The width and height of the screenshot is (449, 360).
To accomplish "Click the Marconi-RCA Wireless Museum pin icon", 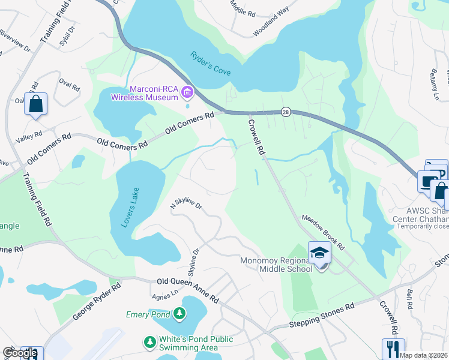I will [187, 92].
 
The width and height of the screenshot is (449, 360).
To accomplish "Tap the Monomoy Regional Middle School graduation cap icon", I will [320, 253].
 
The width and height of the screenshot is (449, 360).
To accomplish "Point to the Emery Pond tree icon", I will [179, 313].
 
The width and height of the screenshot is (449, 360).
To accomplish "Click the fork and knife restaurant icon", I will [393, 349].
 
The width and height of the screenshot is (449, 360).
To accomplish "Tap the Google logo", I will [20, 353].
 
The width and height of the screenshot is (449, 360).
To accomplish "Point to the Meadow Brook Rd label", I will [323, 233].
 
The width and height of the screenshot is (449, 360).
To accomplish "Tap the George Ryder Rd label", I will [96, 301].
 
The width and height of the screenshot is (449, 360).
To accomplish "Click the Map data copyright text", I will [423, 355].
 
